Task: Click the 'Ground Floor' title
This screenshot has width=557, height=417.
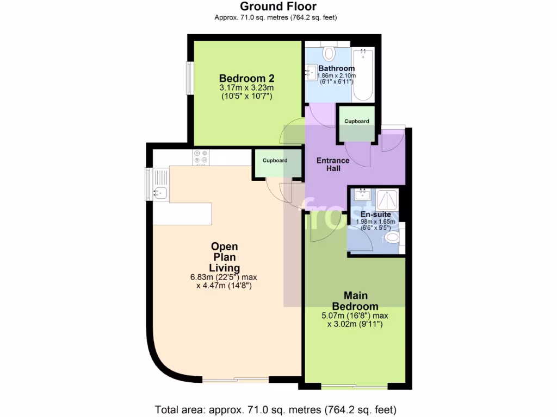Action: pyautogui.click(x=278, y=7)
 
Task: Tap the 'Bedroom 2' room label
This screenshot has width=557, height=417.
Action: pyautogui.click(x=246, y=77)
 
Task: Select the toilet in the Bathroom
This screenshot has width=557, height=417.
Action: pyautogui.click(x=329, y=53)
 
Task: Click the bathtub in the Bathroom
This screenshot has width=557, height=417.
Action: pyautogui.click(x=363, y=74)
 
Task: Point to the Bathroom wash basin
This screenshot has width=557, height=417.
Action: pyautogui.click(x=312, y=71)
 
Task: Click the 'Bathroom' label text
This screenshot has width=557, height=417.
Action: pyautogui.click(x=337, y=68)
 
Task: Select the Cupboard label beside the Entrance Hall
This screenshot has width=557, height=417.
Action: pyautogui.click(x=356, y=121)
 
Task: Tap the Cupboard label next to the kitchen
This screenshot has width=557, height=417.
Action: pyautogui.click(x=275, y=161)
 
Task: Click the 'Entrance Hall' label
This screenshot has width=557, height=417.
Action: pyautogui.click(x=333, y=165)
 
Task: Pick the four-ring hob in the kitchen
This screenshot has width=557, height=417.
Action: pyautogui.click(x=200, y=157)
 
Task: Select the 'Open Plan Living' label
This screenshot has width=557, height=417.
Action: pyautogui.click(x=224, y=257)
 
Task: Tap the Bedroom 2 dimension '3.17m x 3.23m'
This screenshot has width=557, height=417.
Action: pyautogui.click(x=246, y=87)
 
